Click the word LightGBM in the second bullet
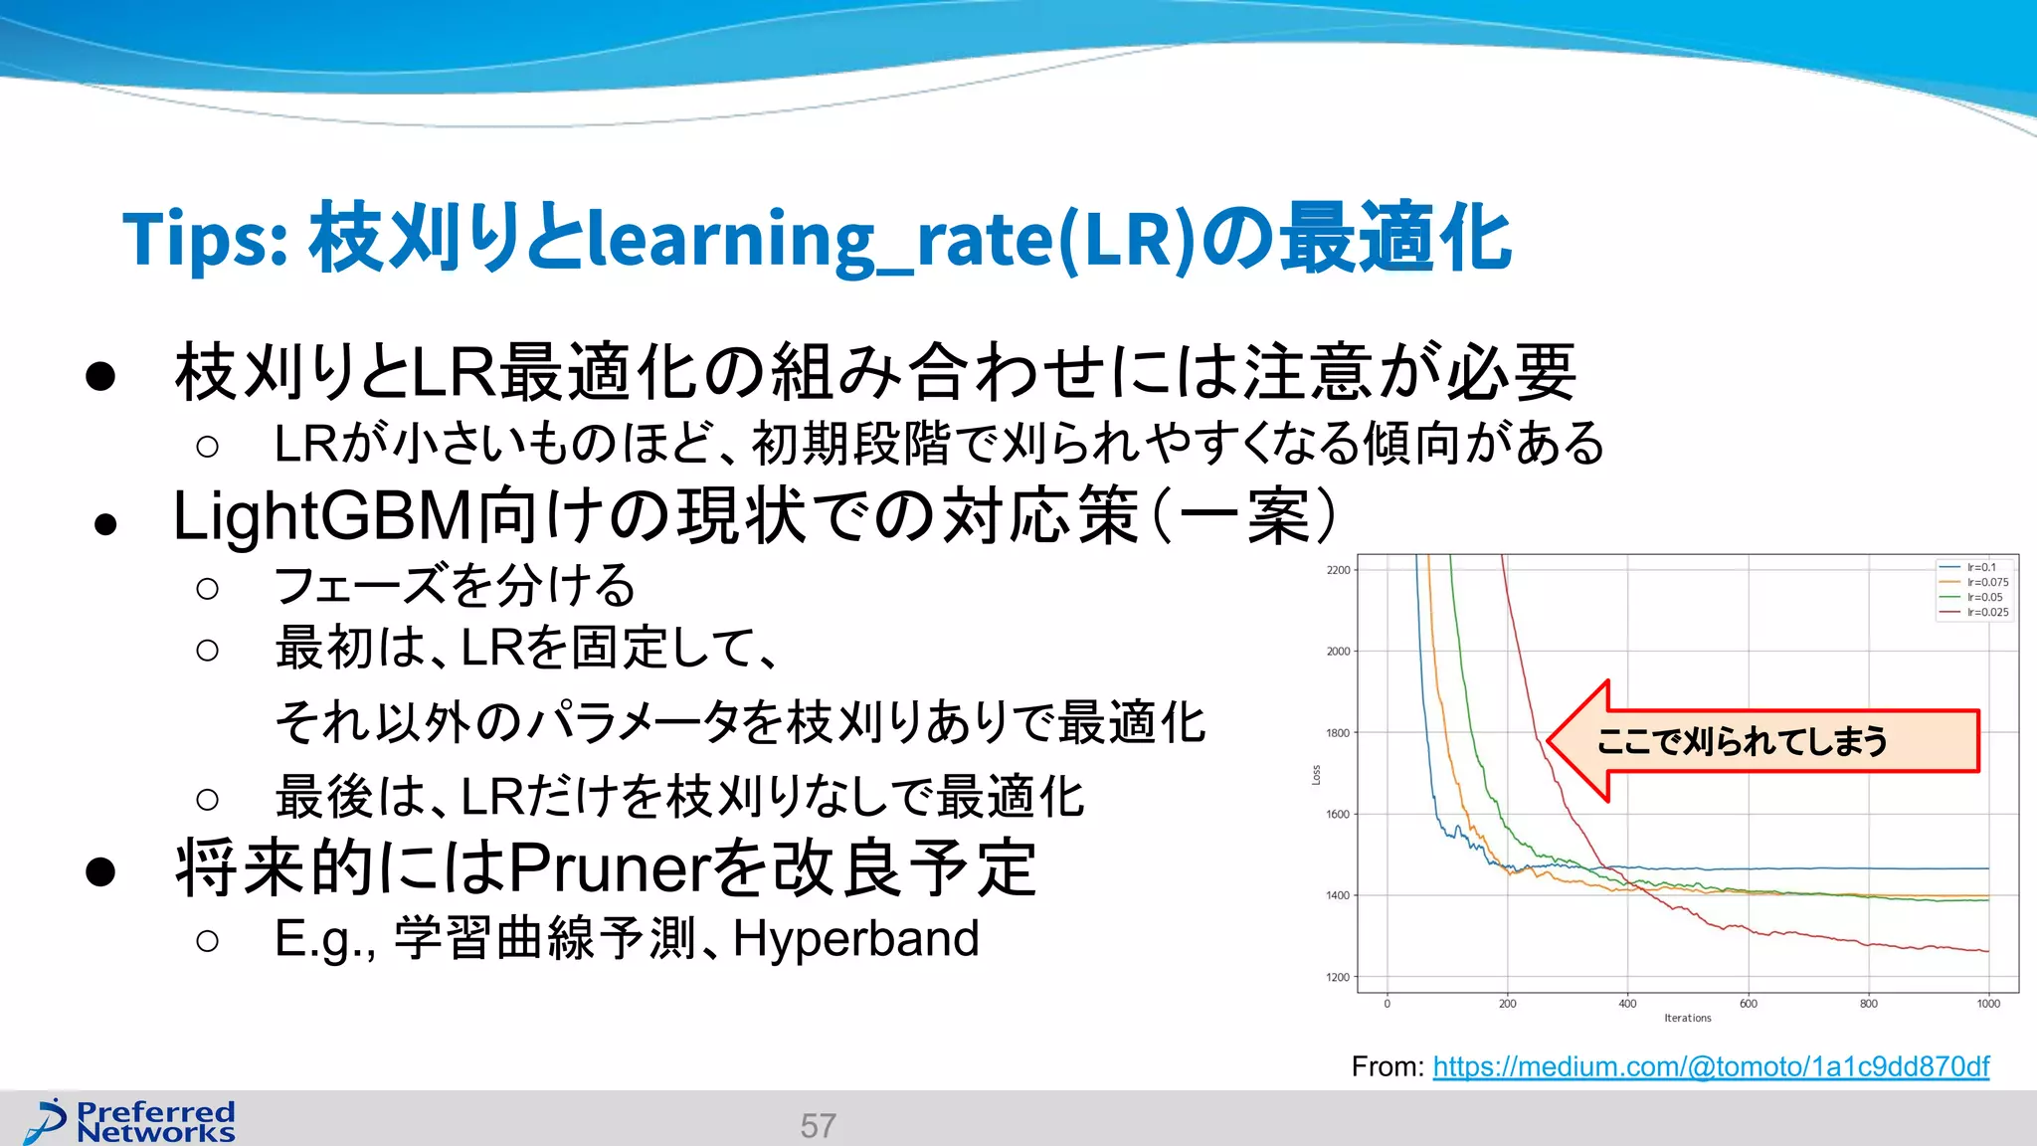322,516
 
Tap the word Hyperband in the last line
855,938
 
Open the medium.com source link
1710,1066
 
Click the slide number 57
818,1125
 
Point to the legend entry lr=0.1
1980,567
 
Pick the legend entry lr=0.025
1986,612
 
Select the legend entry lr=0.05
1983,597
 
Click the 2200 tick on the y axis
1338,570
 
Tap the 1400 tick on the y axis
1338,895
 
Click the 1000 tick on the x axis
1987,1003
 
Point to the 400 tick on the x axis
1627,1003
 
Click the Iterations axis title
1687,1018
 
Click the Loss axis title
1316,774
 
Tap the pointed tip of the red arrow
1550,741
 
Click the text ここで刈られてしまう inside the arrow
1741,741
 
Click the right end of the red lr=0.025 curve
1987,951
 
